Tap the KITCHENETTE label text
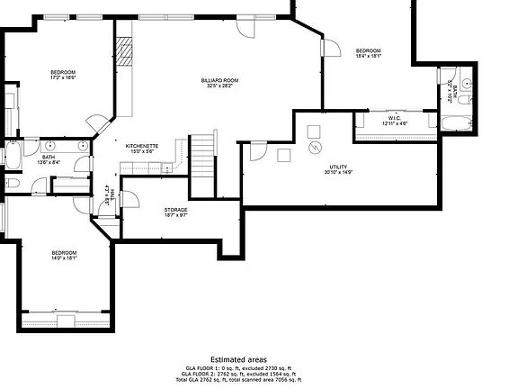pyautogui.click(x=142, y=146)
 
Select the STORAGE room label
pyautogui.click(x=175, y=210)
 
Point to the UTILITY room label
pyautogui.click(x=338, y=167)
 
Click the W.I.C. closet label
pyautogui.click(x=394, y=118)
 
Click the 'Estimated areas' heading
pyautogui.click(x=238, y=358)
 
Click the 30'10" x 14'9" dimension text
pyautogui.click(x=338, y=173)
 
